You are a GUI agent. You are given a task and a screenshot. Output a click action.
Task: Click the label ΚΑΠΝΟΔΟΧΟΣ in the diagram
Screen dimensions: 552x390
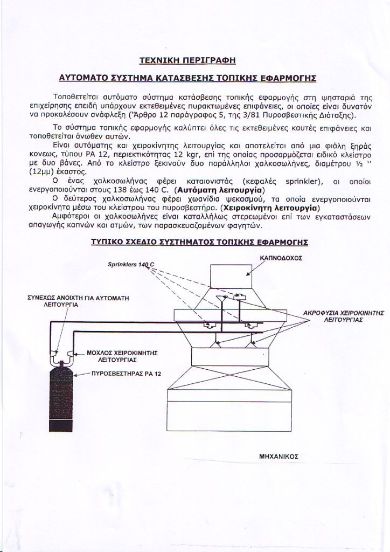(281, 258)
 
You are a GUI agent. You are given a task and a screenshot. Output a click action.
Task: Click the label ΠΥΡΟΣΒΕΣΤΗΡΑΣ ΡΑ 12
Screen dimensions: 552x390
(126, 373)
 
